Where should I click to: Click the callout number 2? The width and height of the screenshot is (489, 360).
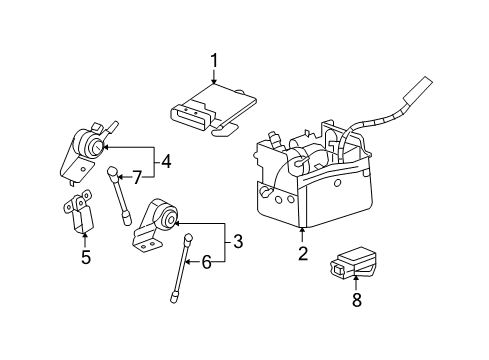tap(302, 254)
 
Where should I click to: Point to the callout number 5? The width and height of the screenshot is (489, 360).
tap(85, 258)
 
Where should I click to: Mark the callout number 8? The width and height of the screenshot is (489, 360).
tap(356, 298)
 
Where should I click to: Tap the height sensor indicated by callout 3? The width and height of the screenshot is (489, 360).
tap(157, 225)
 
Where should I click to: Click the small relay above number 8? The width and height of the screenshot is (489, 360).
tap(352, 261)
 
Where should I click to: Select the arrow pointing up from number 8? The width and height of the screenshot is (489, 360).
tap(356, 283)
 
